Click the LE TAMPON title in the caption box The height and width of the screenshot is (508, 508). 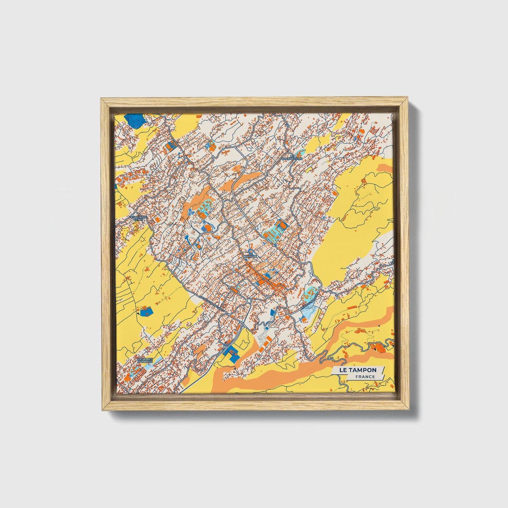pos(358,370)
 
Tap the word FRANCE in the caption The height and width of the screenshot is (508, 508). pos(365,377)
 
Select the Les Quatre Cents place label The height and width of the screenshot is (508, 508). pos(139,218)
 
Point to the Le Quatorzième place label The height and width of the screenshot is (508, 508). pos(291,157)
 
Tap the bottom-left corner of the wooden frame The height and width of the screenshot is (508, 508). pos(101,410)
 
